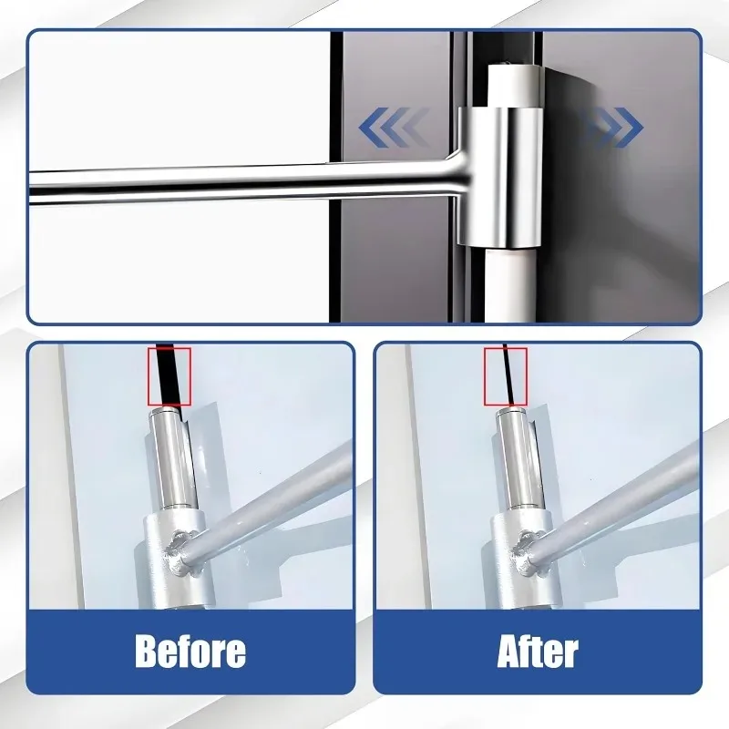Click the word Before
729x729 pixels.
(x=190, y=652)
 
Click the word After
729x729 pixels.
(x=538, y=652)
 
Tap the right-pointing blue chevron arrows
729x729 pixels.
(x=610, y=128)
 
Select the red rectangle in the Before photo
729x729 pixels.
(x=169, y=375)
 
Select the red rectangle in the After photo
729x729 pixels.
(x=506, y=375)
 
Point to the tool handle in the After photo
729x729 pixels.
(x=629, y=492)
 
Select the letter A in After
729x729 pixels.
(x=510, y=652)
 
